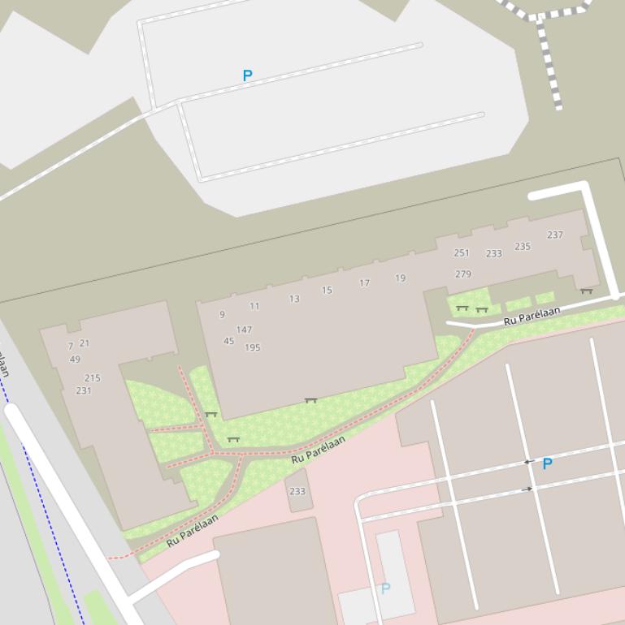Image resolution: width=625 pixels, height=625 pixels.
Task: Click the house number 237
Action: click(555, 235)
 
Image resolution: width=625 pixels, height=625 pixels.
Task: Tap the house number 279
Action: click(463, 274)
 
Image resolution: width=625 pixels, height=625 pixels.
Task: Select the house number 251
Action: click(462, 253)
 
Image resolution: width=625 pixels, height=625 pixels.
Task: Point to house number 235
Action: click(523, 247)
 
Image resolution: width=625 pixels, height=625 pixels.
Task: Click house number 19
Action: click(401, 278)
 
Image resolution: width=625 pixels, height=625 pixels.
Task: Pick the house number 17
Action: click(365, 283)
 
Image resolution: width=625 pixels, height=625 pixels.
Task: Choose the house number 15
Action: click(327, 290)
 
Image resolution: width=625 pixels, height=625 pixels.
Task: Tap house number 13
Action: click(294, 299)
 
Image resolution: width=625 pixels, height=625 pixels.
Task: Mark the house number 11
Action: click(254, 306)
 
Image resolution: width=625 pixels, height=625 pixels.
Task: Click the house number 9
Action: click(222, 315)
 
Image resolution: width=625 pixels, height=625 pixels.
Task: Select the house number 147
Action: click(244, 330)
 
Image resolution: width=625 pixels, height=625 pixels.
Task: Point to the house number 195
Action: click(253, 347)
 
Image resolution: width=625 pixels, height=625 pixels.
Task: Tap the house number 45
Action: click(228, 341)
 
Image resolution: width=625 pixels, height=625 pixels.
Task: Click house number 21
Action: click(85, 343)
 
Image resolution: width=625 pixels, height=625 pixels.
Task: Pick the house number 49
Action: click(75, 360)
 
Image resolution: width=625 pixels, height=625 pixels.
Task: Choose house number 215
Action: click(93, 378)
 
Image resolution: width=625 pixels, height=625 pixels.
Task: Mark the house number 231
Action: click(84, 390)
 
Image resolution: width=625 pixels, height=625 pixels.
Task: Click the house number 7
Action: click(71, 347)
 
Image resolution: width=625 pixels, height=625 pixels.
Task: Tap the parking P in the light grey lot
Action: click(247, 75)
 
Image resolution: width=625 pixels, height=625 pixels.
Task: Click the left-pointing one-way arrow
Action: click(528, 462)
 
